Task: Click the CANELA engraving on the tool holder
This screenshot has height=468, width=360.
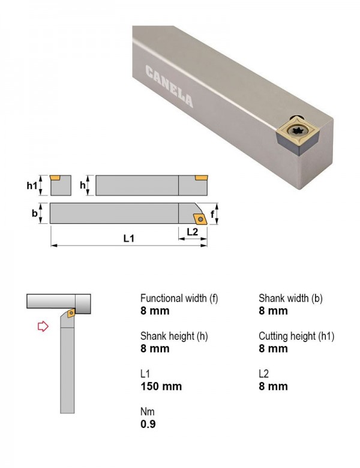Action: point(169,86)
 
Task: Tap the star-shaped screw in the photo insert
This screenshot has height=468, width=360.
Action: point(298,131)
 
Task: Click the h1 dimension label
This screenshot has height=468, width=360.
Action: point(32,185)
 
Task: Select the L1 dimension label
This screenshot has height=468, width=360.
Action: point(129,238)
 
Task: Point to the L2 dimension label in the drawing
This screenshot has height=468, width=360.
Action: point(192,232)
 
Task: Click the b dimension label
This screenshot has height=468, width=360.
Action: point(35,213)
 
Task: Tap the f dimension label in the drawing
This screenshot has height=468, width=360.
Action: point(212,214)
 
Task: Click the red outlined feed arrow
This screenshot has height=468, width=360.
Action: point(43,326)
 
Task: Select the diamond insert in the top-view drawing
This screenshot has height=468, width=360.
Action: point(200,219)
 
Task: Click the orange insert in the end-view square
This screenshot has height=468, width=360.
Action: point(55,178)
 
